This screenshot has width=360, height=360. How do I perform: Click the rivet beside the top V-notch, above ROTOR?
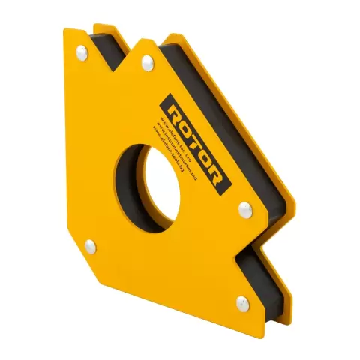point(147,66)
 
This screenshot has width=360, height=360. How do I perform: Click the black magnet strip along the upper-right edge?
point(225,112)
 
